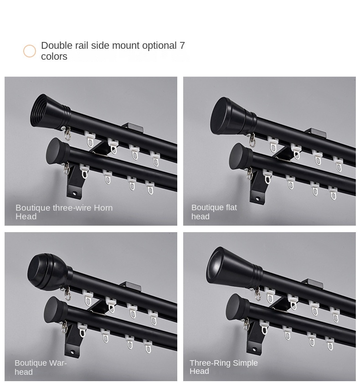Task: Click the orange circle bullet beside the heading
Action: click(30, 51)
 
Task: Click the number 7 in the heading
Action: click(182, 46)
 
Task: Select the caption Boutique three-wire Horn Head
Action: click(64, 212)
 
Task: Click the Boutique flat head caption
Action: click(214, 212)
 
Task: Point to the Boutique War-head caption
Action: click(41, 367)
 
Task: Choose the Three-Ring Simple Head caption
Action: click(223, 367)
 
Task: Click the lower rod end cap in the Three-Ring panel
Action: click(236, 306)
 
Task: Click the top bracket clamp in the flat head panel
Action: click(316, 133)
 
